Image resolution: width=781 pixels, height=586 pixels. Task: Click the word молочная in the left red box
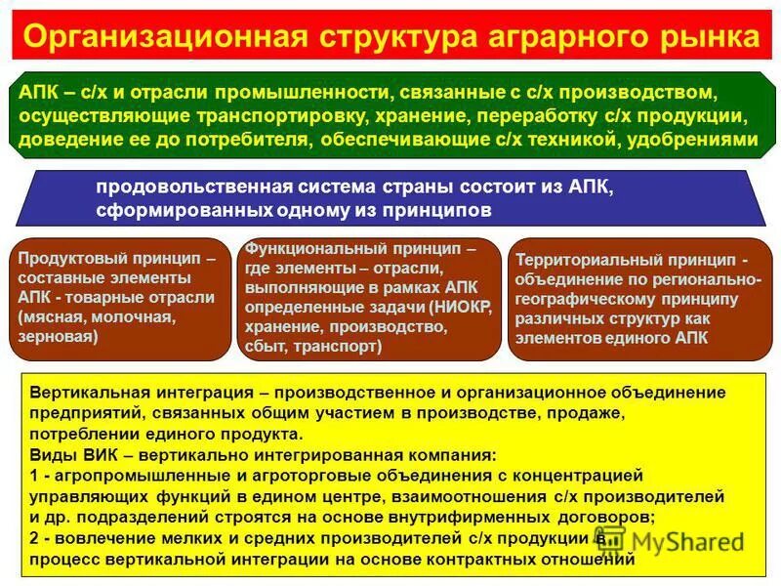pyautogui.click(x=137, y=316)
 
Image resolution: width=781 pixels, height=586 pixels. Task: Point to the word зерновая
pyautogui.click(x=58, y=335)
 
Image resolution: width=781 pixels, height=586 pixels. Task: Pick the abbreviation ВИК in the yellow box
pyautogui.click(x=87, y=454)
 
